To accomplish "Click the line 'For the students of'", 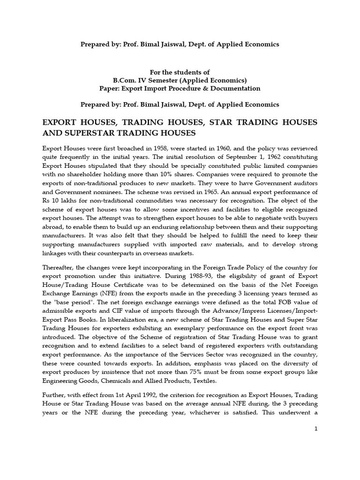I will point(180,72).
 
